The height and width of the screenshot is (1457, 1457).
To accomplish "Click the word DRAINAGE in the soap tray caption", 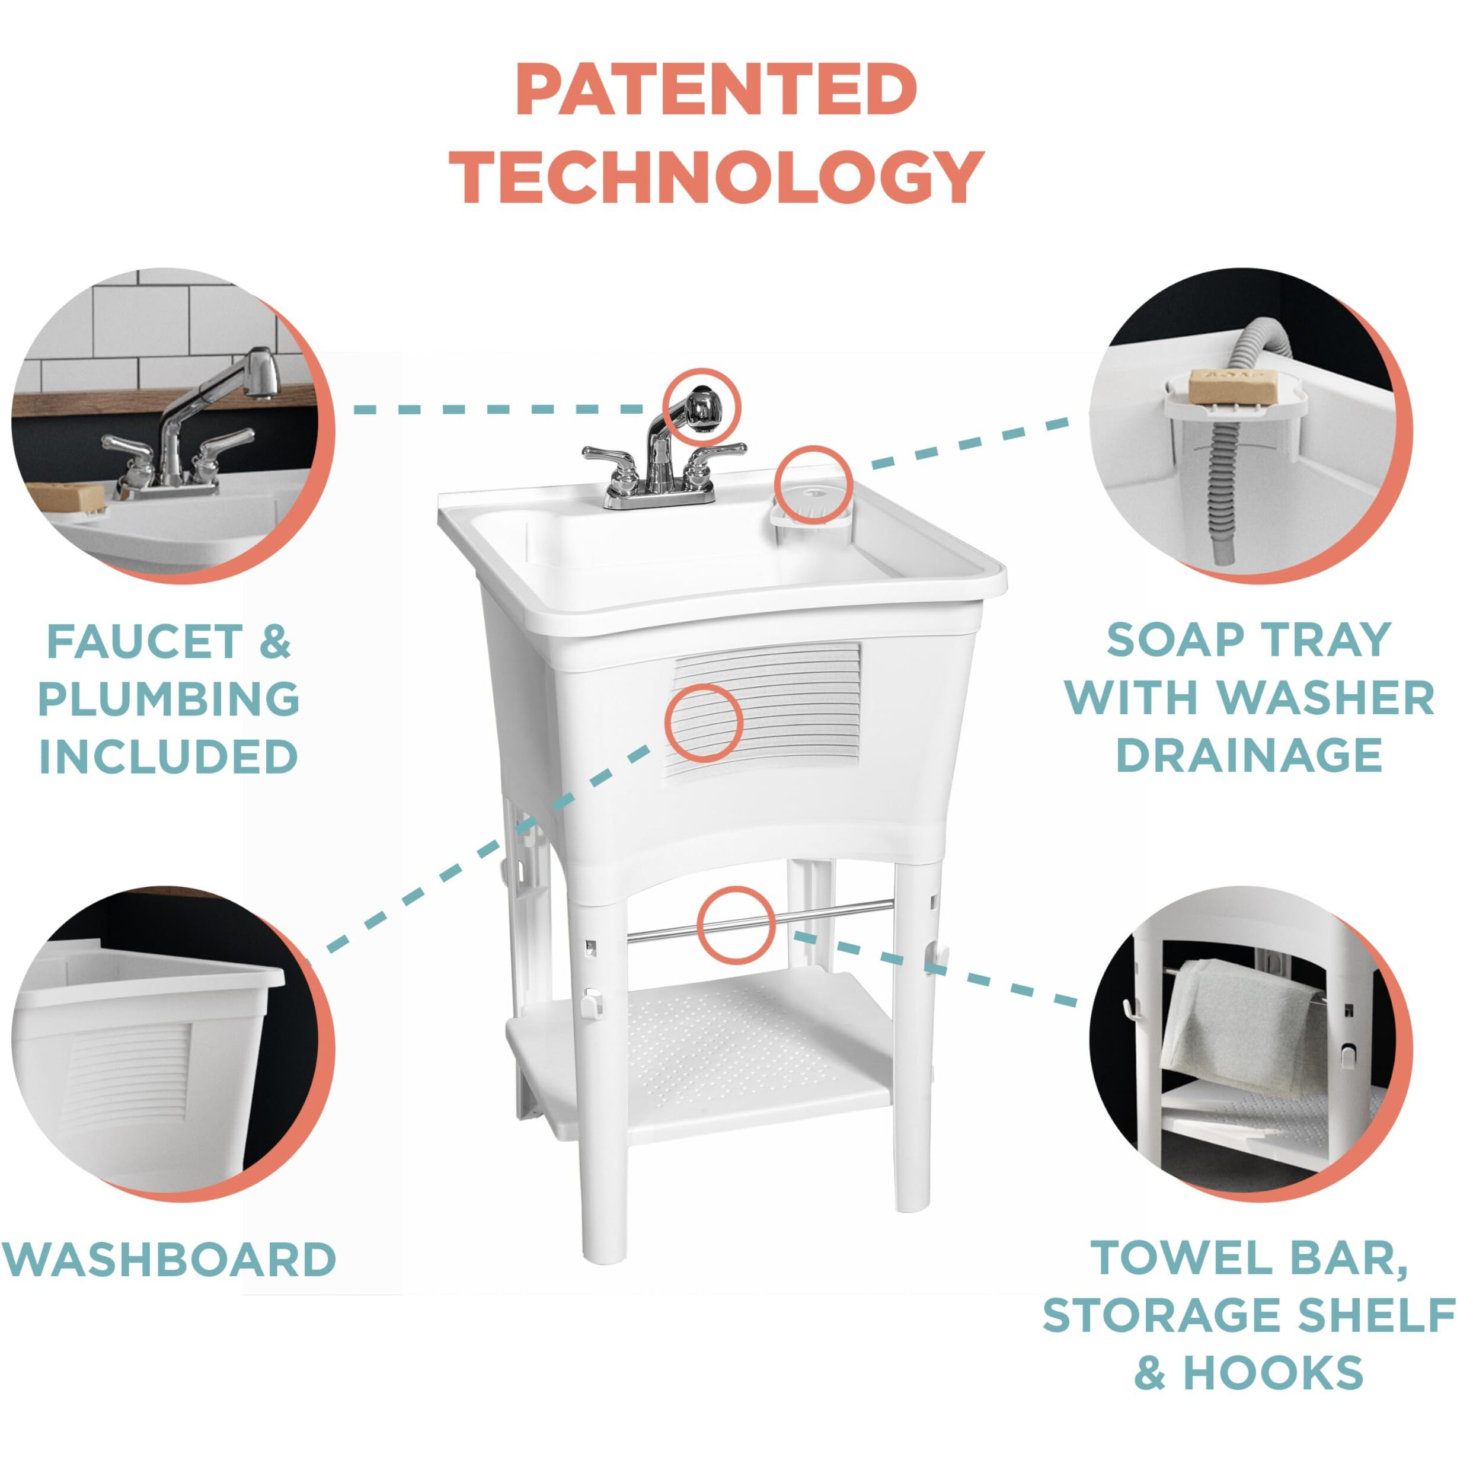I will point(1249,755).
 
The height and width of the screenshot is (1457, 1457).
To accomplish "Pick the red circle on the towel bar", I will point(735,924).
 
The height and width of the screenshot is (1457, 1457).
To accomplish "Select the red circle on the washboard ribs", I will point(704,722).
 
